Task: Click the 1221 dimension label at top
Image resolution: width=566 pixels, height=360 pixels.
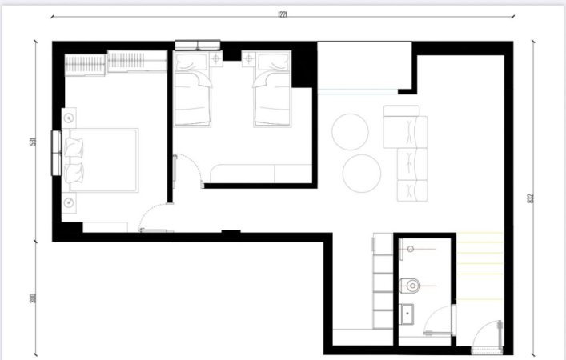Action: tap(283, 14)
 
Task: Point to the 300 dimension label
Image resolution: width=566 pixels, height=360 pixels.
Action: tap(33, 298)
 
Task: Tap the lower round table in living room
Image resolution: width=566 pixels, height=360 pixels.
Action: tap(361, 171)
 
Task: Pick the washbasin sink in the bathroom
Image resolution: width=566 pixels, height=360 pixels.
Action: tap(407, 314)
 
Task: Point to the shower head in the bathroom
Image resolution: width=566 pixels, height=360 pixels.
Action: tap(411, 250)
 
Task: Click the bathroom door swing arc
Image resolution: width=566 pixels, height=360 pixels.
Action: tap(439, 319)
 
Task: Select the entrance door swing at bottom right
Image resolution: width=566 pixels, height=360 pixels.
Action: tap(487, 336)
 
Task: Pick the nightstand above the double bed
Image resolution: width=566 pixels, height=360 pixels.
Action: tap(70, 118)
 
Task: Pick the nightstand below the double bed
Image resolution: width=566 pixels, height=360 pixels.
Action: tap(70, 202)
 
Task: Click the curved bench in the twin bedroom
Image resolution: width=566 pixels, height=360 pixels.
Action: tap(256, 173)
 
